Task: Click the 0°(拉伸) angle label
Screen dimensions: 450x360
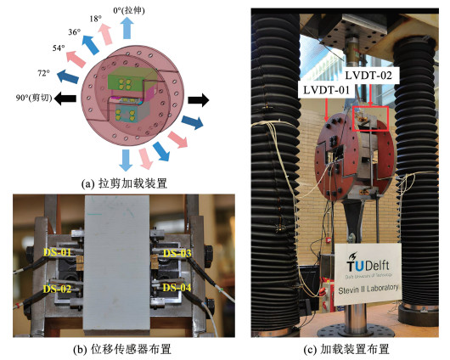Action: (129, 11)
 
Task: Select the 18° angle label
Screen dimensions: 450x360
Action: (96, 19)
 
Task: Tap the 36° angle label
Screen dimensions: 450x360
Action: (75, 32)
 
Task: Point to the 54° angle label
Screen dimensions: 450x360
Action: (59, 48)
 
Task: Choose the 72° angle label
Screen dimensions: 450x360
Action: (43, 73)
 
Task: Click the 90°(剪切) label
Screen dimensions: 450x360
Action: (34, 98)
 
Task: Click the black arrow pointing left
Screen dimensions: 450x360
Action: (65, 98)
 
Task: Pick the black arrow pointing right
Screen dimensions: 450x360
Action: (199, 100)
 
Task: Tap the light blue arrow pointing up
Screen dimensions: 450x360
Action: (127, 29)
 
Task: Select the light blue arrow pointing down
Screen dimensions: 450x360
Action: (126, 160)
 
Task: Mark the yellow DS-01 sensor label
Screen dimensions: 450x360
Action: (57, 252)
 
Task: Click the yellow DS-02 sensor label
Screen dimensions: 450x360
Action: (57, 289)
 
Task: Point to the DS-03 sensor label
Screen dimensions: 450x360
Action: (177, 253)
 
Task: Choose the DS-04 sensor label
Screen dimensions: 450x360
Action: (177, 287)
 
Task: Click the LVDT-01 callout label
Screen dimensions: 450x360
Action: (327, 90)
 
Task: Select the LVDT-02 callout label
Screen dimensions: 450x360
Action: (368, 76)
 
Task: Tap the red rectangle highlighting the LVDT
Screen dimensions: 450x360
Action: (370, 107)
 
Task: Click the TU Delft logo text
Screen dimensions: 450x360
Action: (368, 263)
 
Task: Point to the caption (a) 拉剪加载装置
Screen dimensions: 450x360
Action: (124, 183)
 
